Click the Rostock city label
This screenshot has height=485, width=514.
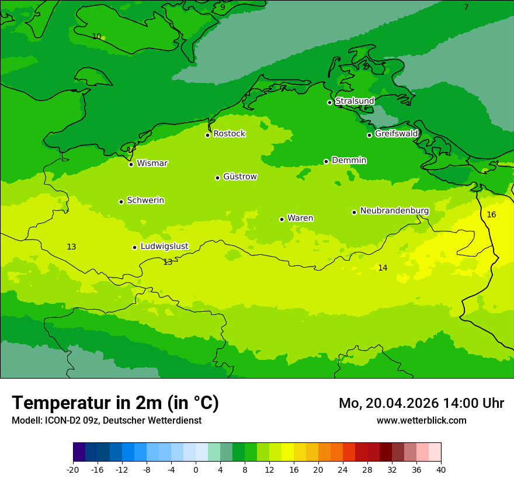[x=229, y=134]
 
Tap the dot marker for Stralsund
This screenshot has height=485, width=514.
[x=329, y=102]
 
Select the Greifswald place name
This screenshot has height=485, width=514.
[x=396, y=134]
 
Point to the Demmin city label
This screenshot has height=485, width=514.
[x=349, y=160]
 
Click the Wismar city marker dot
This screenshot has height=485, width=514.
[x=131, y=164]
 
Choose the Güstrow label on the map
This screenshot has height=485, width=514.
[x=239, y=176]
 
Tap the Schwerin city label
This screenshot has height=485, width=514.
[x=145, y=200]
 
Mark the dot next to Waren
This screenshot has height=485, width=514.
[x=282, y=219]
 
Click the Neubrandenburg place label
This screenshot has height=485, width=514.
[x=394, y=211]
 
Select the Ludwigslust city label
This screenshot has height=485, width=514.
[x=164, y=246]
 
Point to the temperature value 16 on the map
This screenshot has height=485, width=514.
[x=491, y=214]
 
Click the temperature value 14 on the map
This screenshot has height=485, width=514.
[x=383, y=268]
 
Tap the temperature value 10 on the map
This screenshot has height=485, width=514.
[x=96, y=36]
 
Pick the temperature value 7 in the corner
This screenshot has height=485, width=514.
[x=466, y=7]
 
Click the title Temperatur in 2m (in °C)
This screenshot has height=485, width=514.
[x=115, y=403]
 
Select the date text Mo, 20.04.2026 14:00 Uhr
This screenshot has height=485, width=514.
[x=421, y=403]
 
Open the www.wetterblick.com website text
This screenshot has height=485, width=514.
[x=421, y=420]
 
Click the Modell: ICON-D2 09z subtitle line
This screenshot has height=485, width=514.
[x=106, y=420]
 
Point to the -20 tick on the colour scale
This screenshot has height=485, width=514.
[x=73, y=469]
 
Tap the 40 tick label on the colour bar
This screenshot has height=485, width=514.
[x=441, y=469]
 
